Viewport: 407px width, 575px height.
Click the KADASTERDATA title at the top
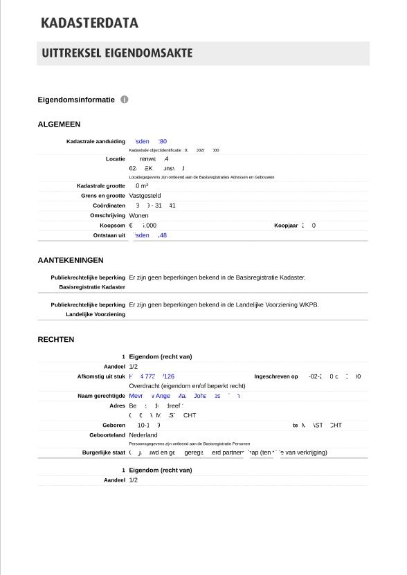click(x=89, y=23)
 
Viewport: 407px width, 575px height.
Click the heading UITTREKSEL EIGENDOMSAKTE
click(x=117, y=53)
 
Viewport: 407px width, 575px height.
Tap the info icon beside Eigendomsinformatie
click(x=125, y=100)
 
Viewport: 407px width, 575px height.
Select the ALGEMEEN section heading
click(x=59, y=125)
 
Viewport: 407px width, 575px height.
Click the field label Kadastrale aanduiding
click(x=96, y=142)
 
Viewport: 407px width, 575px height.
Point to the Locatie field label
click(x=115, y=159)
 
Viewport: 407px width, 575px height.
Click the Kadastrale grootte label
click(x=100, y=186)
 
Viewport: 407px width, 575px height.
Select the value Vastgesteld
click(x=145, y=196)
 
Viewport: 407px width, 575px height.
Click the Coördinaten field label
click(x=109, y=206)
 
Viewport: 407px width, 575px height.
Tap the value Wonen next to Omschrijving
click(x=138, y=216)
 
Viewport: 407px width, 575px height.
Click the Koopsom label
click(x=112, y=226)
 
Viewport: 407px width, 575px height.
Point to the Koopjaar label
click(x=286, y=226)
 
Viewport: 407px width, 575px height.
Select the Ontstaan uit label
click(x=109, y=235)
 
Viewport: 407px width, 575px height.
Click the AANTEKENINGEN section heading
click(x=71, y=260)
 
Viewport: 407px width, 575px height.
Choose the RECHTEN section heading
click(x=56, y=340)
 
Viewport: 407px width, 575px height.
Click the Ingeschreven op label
click(x=276, y=377)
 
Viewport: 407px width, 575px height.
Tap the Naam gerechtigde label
click(x=100, y=396)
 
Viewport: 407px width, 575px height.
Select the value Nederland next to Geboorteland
click(x=143, y=435)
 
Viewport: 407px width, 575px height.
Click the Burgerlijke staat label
click(x=104, y=453)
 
